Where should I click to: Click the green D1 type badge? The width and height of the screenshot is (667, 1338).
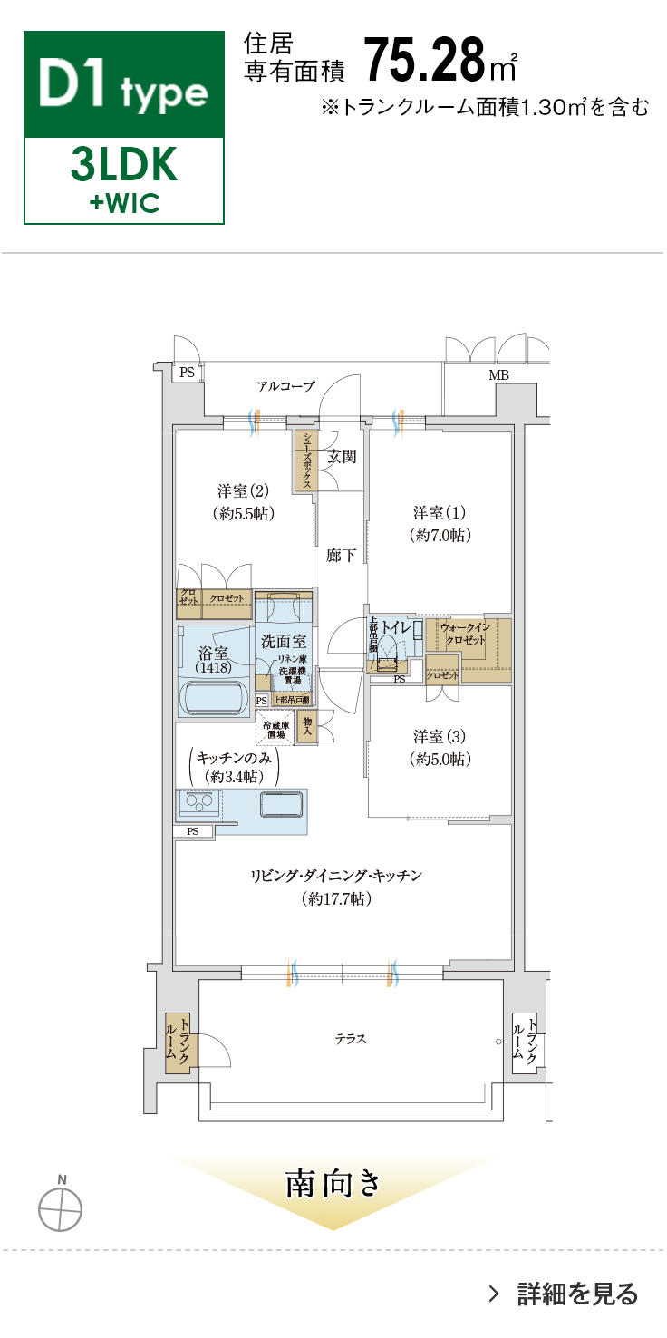(124, 85)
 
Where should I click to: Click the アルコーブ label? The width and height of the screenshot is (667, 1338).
(285, 386)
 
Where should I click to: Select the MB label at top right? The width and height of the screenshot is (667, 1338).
(498, 374)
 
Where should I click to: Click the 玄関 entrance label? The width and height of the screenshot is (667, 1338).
(342, 456)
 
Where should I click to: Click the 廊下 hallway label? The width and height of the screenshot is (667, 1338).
(341, 556)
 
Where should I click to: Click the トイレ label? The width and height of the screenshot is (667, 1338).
(397, 627)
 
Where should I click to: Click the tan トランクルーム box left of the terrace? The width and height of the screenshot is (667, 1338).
(178, 1043)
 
